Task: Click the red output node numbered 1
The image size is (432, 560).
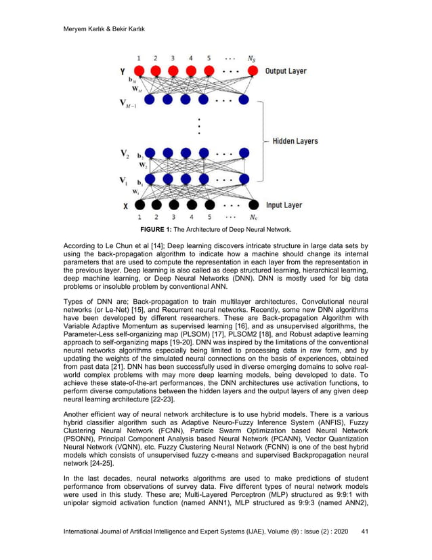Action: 139,71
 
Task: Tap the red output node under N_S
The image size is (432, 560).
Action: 253,71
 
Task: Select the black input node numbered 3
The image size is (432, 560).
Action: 174,205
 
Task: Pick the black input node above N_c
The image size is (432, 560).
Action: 253,205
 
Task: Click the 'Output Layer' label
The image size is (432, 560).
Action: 286,71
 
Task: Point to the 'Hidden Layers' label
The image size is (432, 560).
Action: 295,141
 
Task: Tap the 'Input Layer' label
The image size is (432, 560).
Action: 284,205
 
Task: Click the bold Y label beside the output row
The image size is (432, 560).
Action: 122,71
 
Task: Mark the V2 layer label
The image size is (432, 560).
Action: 124,153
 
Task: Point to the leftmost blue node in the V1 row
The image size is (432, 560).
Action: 150,180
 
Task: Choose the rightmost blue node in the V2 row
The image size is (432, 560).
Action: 253,154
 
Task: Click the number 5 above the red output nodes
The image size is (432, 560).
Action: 209,58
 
